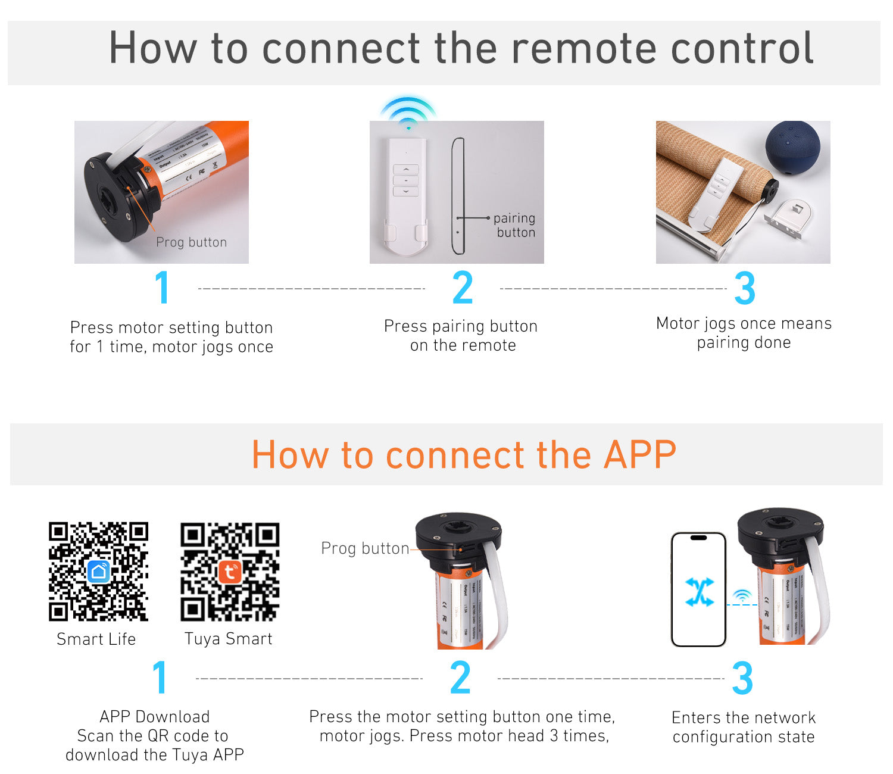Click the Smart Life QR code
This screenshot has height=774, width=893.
click(x=98, y=572)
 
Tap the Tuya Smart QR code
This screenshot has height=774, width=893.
click(x=230, y=572)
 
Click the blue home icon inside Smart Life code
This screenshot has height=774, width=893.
click(x=99, y=572)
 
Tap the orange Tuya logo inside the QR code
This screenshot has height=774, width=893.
click(x=230, y=572)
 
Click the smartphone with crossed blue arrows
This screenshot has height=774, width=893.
click(x=698, y=589)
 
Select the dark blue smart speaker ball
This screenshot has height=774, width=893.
click(x=792, y=147)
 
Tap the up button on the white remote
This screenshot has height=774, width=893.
click(x=406, y=170)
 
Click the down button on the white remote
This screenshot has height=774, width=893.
click(x=406, y=192)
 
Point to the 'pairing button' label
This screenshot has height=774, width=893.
click(x=515, y=225)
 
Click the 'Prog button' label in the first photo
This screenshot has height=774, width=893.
click(x=191, y=242)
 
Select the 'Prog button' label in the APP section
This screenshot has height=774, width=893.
click(x=365, y=548)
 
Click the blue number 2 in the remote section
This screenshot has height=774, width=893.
click(x=463, y=288)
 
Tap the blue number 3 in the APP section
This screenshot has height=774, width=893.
click(x=742, y=678)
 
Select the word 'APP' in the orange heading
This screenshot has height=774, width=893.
click(x=640, y=455)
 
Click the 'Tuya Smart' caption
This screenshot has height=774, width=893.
click(x=229, y=639)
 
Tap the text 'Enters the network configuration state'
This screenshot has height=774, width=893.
click(x=744, y=727)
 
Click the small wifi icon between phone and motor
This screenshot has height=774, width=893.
click(x=742, y=595)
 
